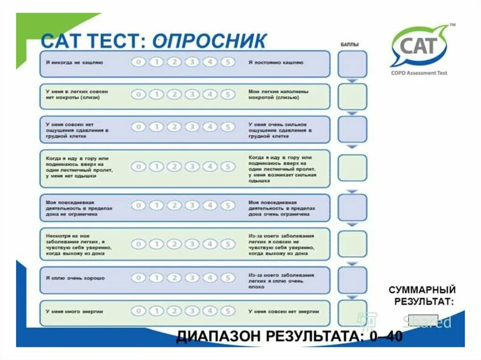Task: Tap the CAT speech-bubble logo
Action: click(419, 46)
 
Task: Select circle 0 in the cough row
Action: click(138, 62)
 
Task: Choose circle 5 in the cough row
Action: click(227, 62)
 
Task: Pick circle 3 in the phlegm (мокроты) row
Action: click(192, 94)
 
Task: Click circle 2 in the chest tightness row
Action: click(174, 127)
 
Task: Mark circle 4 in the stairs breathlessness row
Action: click(209, 167)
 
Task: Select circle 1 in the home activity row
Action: click(156, 206)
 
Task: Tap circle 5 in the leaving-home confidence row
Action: click(227, 244)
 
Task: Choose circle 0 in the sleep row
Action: click(138, 278)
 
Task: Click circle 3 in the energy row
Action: click(192, 311)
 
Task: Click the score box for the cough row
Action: click(352, 64)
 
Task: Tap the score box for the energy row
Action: click(352, 313)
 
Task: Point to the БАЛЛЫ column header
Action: click(349, 45)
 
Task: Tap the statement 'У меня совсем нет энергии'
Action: click(284, 312)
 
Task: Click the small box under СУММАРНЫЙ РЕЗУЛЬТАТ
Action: click(423, 320)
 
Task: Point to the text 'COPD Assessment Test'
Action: click(419, 73)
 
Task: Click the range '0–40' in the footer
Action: click(383, 336)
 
